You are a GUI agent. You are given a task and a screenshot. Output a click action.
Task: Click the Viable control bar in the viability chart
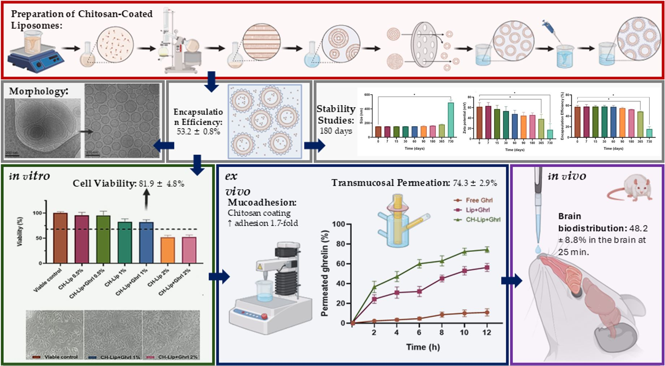(x=60, y=238)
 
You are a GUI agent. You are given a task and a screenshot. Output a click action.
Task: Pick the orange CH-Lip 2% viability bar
(x=168, y=250)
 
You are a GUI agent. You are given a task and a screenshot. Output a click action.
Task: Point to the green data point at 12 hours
(x=487, y=250)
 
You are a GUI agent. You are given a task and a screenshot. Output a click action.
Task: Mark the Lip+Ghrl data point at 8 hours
(x=442, y=278)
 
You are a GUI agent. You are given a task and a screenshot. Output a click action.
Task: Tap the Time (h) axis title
(x=423, y=347)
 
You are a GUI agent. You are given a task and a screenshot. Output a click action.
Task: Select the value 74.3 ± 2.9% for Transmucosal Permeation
(x=475, y=183)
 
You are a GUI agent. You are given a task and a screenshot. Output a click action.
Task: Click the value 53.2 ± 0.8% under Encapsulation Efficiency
(x=198, y=131)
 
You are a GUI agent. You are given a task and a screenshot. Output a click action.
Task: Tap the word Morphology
(x=38, y=91)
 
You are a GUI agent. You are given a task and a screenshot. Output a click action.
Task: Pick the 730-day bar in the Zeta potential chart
(x=550, y=134)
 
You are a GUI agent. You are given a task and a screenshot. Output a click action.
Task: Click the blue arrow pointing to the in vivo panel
(x=511, y=281)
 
